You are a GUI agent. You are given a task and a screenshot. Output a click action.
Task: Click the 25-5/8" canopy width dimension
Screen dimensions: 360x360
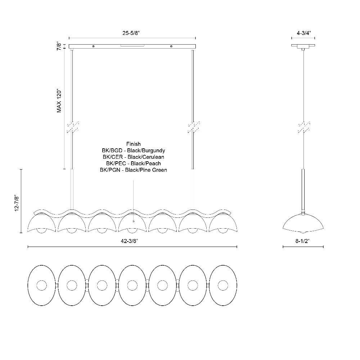click(x=131, y=33)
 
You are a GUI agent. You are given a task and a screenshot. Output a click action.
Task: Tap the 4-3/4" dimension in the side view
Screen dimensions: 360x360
click(x=303, y=33)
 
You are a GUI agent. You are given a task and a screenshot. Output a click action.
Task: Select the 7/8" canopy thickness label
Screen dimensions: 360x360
click(x=59, y=46)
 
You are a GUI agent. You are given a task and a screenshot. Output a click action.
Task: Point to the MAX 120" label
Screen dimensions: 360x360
click(x=59, y=100)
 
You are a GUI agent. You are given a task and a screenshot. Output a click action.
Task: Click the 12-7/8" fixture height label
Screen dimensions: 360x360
click(x=17, y=203)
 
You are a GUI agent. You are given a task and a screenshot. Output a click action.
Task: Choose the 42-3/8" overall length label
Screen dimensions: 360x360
click(x=129, y=241)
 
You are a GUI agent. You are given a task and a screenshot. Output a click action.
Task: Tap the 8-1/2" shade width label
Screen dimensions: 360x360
click(x=303, y=241)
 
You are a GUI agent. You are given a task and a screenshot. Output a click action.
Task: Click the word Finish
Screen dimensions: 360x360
click(x=134, y=144)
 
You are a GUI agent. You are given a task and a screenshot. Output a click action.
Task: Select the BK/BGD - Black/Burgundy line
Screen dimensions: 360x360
click(x=134, y=150)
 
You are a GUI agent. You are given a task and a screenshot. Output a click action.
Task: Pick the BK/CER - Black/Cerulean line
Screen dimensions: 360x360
click(x=134, y=157)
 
